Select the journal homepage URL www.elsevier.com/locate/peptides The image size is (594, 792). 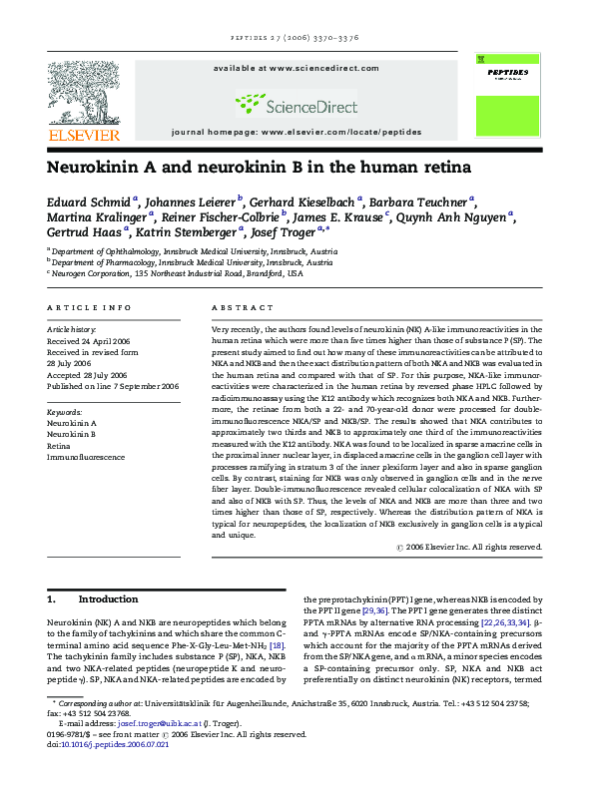coord(339,132)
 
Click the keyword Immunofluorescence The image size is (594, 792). coord(87,457)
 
